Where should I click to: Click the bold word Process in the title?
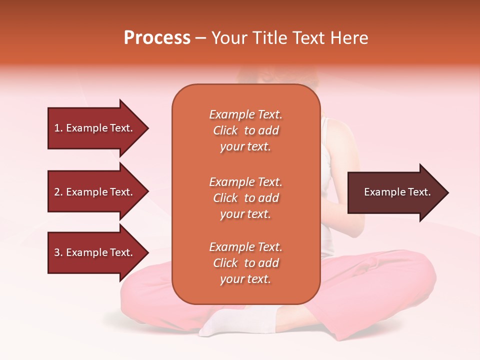pos(157,38)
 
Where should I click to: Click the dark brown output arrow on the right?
pos(397,192)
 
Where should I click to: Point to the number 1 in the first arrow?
pos(57,128)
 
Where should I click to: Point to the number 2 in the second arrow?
pos(57,192)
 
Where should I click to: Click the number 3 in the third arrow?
pos(57,252)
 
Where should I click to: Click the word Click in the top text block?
pos(225,130)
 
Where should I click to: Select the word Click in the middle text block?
pos(225,198)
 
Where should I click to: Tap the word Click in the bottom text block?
pos(225,263)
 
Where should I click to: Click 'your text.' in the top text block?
pos(245,147)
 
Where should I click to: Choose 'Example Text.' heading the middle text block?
pos(245,182)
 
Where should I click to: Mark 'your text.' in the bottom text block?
pos(245,279)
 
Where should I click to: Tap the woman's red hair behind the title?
pos(260,75)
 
